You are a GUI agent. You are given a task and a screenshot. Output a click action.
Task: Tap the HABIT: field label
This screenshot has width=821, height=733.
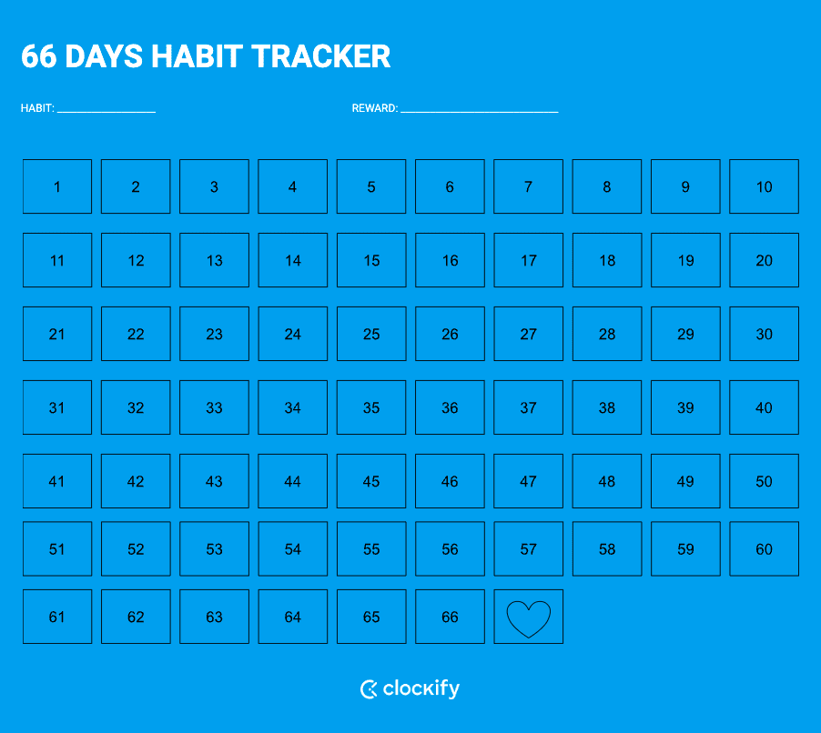click(37, 108)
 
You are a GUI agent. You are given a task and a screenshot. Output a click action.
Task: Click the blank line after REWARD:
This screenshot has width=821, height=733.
click(479, 110)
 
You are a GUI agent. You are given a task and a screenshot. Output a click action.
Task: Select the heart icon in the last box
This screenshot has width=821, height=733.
click(528, 618)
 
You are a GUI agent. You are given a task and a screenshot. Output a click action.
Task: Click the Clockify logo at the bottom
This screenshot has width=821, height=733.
click(410, 688)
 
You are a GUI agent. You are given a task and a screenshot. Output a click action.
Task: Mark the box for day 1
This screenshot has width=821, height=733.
click(57, 186)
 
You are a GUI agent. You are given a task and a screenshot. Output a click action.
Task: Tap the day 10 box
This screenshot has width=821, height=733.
click(764, 186)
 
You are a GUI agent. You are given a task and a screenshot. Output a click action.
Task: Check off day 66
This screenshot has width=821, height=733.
click(450, 617)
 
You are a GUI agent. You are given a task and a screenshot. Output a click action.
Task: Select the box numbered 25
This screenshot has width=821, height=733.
click(371, 334)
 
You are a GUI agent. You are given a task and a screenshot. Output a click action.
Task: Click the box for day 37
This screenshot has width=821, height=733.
click(528, 407)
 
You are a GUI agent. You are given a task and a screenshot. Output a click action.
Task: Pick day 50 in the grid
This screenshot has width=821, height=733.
click(764, 481)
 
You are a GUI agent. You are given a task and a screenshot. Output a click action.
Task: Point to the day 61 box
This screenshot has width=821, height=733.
click(57, 617)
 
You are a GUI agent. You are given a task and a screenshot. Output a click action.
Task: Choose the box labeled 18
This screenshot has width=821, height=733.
click(607, 260)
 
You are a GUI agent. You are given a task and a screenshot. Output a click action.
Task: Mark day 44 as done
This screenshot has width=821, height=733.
click(292, 481)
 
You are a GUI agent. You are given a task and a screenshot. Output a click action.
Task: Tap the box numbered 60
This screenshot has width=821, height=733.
click(764, 548)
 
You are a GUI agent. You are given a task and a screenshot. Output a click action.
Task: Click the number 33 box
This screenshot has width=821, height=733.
click(214, 407)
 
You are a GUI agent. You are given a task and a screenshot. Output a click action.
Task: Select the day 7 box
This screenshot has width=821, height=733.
click(528, 186)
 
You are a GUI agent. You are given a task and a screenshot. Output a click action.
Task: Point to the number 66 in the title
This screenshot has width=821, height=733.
click(39, 56)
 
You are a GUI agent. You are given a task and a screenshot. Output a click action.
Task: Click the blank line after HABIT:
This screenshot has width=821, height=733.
click(106, 110)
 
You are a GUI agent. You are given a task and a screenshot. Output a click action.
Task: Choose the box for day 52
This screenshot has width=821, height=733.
click(136, 548)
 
